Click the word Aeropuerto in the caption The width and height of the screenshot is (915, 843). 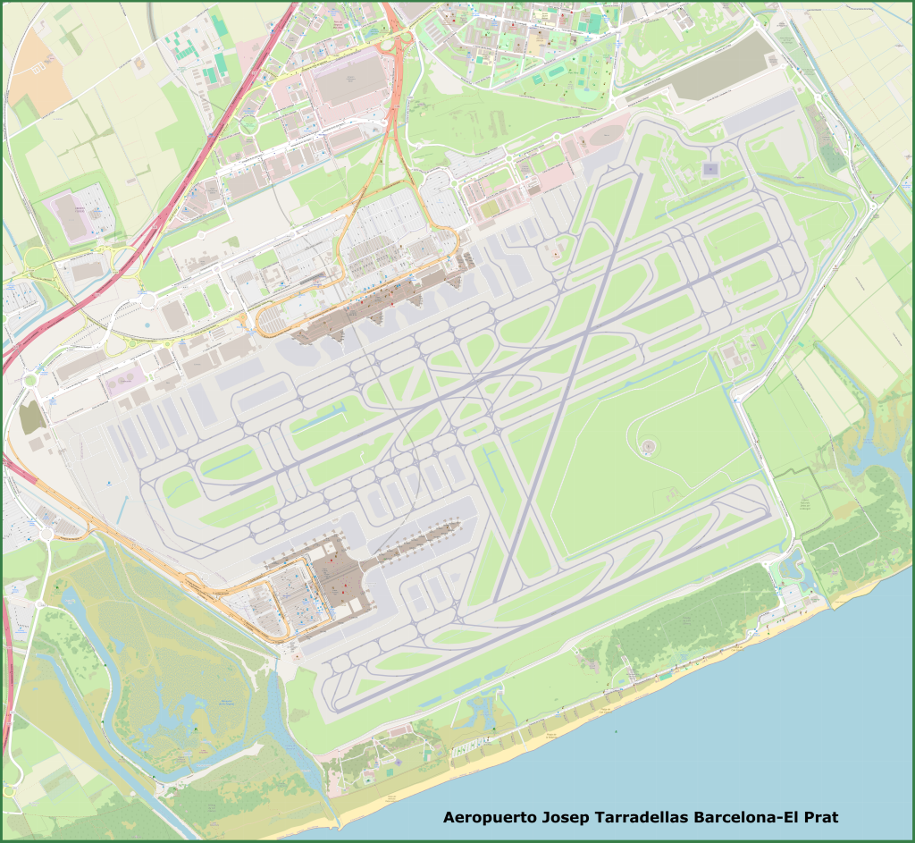[490, 817]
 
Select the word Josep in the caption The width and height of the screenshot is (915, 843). [569, 817]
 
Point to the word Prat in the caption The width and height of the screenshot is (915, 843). [820, 817]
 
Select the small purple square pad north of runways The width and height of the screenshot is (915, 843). [710, 168]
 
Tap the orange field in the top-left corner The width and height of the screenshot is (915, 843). [40, 67]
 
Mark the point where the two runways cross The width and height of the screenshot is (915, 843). [585, 335]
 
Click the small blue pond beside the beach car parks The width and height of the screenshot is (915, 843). [792, 566]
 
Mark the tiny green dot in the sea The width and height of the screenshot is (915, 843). [615, 730]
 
